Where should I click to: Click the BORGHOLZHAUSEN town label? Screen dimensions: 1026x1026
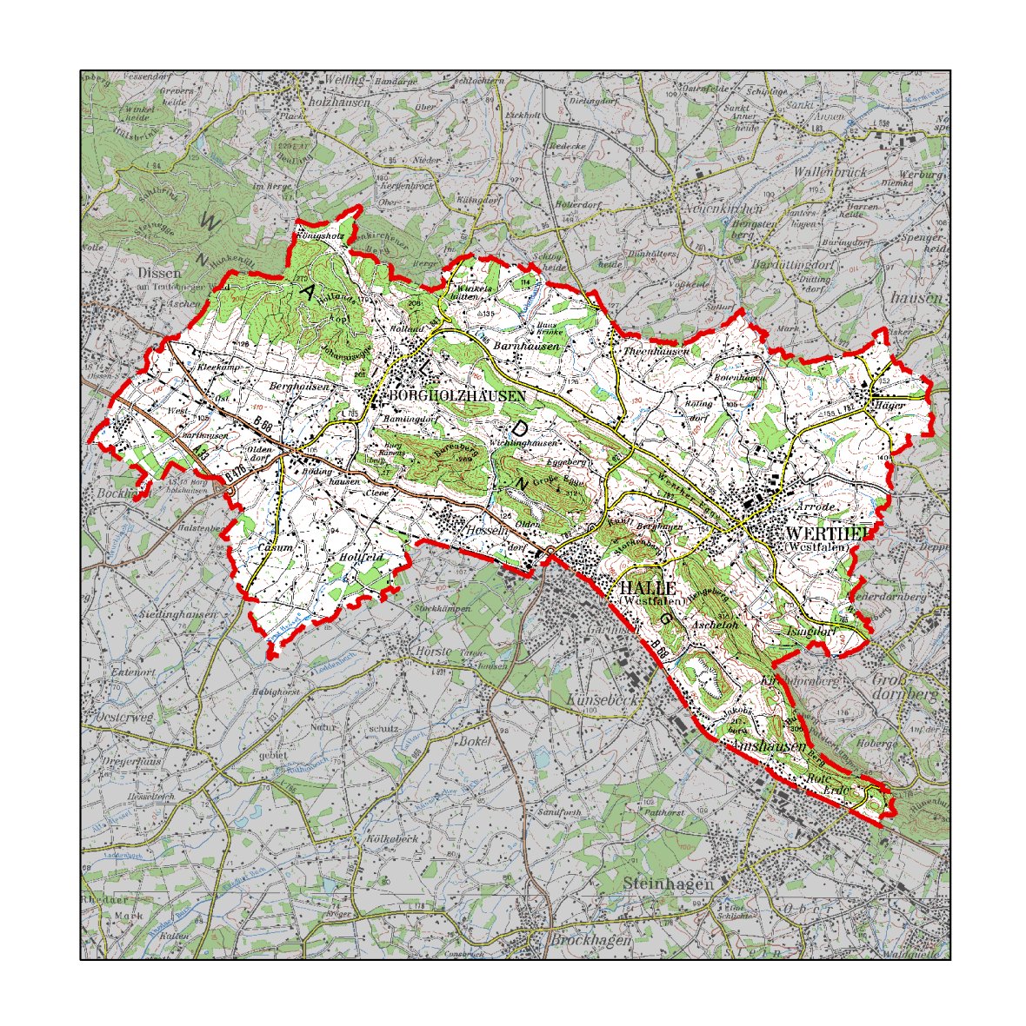point(459,395)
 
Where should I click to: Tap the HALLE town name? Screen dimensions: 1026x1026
point(649,589)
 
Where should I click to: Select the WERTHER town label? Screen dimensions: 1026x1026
point(826,533)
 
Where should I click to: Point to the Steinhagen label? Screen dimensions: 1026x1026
point(668,884)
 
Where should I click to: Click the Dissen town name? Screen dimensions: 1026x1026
point(158,273)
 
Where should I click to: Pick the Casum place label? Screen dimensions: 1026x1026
point(276,548)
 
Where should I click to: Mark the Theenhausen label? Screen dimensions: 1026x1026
point(656,351)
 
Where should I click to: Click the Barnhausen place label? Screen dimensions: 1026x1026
point(522,346)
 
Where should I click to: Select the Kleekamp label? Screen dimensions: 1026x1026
point(218,368)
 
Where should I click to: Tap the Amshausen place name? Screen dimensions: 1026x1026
point(770,746)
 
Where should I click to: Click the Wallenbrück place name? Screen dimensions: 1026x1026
point(829,172)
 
